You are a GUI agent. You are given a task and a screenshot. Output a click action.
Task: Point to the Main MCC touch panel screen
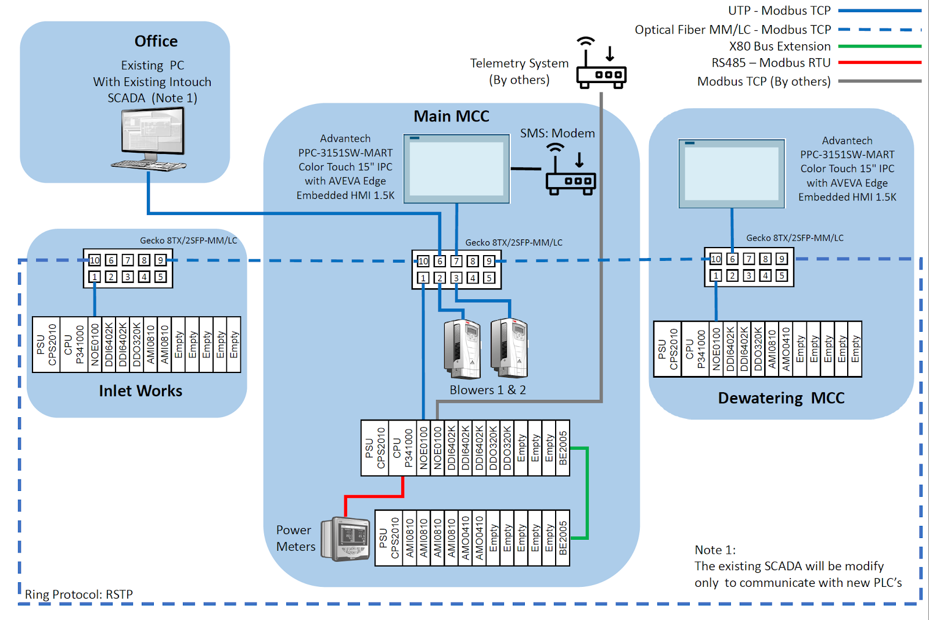click(x=456, y=169)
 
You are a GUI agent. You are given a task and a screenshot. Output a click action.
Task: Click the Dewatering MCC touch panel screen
click(x=732, y=173)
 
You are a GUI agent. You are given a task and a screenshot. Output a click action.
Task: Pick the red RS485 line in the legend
click(x=879, y=62)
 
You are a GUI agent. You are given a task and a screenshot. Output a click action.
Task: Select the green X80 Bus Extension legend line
click(x=879, y=46)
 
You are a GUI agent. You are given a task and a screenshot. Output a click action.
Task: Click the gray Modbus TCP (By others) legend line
click(x=879, y=81)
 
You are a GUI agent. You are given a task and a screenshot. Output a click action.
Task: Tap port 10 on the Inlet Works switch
click(x=95, y=260)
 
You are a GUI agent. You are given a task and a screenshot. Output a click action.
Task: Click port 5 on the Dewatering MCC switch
click(x=782, y=275)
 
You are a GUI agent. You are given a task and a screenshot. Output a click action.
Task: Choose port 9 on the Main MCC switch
click(x=489, y=261)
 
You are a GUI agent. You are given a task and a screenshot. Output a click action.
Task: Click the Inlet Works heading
click(x=141, y=391)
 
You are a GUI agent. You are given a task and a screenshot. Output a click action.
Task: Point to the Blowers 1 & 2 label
click(x=488, y=390)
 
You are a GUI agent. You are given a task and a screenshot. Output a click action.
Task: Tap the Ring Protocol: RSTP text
click(x=79, y=594)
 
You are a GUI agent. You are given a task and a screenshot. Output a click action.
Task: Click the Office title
click(x=156, y=41)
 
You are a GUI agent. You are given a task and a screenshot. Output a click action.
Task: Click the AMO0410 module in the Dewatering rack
click(x=786, y=349)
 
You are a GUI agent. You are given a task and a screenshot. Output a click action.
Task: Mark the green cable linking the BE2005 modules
click(x=587, y=493)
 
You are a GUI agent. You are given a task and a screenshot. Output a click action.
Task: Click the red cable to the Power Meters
click(x=374, y=496)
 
